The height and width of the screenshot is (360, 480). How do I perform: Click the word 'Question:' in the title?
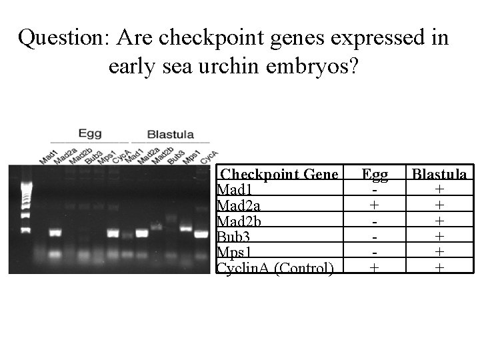coord(63,39)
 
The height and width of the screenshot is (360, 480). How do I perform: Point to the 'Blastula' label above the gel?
coord(170,133)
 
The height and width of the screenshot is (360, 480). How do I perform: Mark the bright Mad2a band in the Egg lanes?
coord(54,233)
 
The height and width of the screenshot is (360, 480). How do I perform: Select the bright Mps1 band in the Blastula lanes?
coord(186,229)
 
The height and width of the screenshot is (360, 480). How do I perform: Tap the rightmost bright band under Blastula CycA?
coord(201,234)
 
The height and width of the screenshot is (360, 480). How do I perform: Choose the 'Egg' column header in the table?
coord(375,174)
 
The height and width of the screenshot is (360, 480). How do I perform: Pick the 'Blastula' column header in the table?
coord(439,174)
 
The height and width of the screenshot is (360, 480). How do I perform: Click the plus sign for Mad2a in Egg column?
coord(375,205)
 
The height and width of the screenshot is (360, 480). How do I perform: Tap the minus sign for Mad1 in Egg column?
coord(375,189)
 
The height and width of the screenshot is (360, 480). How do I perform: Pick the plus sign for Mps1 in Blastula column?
coord(439,252)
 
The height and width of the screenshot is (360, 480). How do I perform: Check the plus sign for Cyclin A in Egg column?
coord(375,267)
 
